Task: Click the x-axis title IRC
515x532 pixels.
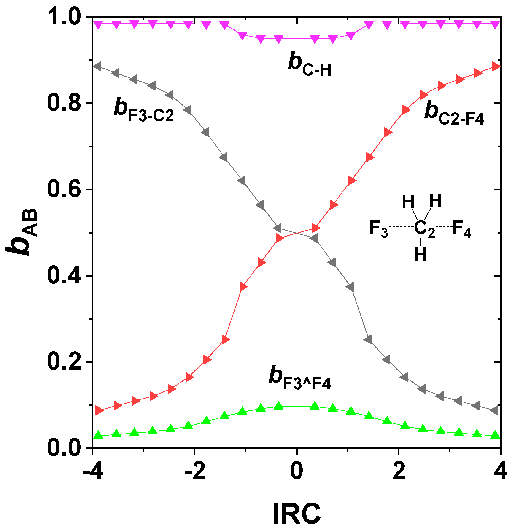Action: [297, 514]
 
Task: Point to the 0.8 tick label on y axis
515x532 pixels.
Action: [65, 104]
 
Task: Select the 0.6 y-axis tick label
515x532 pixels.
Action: [65, 189]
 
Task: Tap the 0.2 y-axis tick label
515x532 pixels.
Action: [65, 362]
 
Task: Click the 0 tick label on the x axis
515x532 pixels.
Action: [297, 472]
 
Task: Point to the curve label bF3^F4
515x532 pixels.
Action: [299, 378]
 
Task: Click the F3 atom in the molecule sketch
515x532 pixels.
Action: [379, 229]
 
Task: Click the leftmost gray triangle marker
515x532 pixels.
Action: [97, 66]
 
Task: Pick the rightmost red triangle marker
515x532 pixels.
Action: [497, 66]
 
